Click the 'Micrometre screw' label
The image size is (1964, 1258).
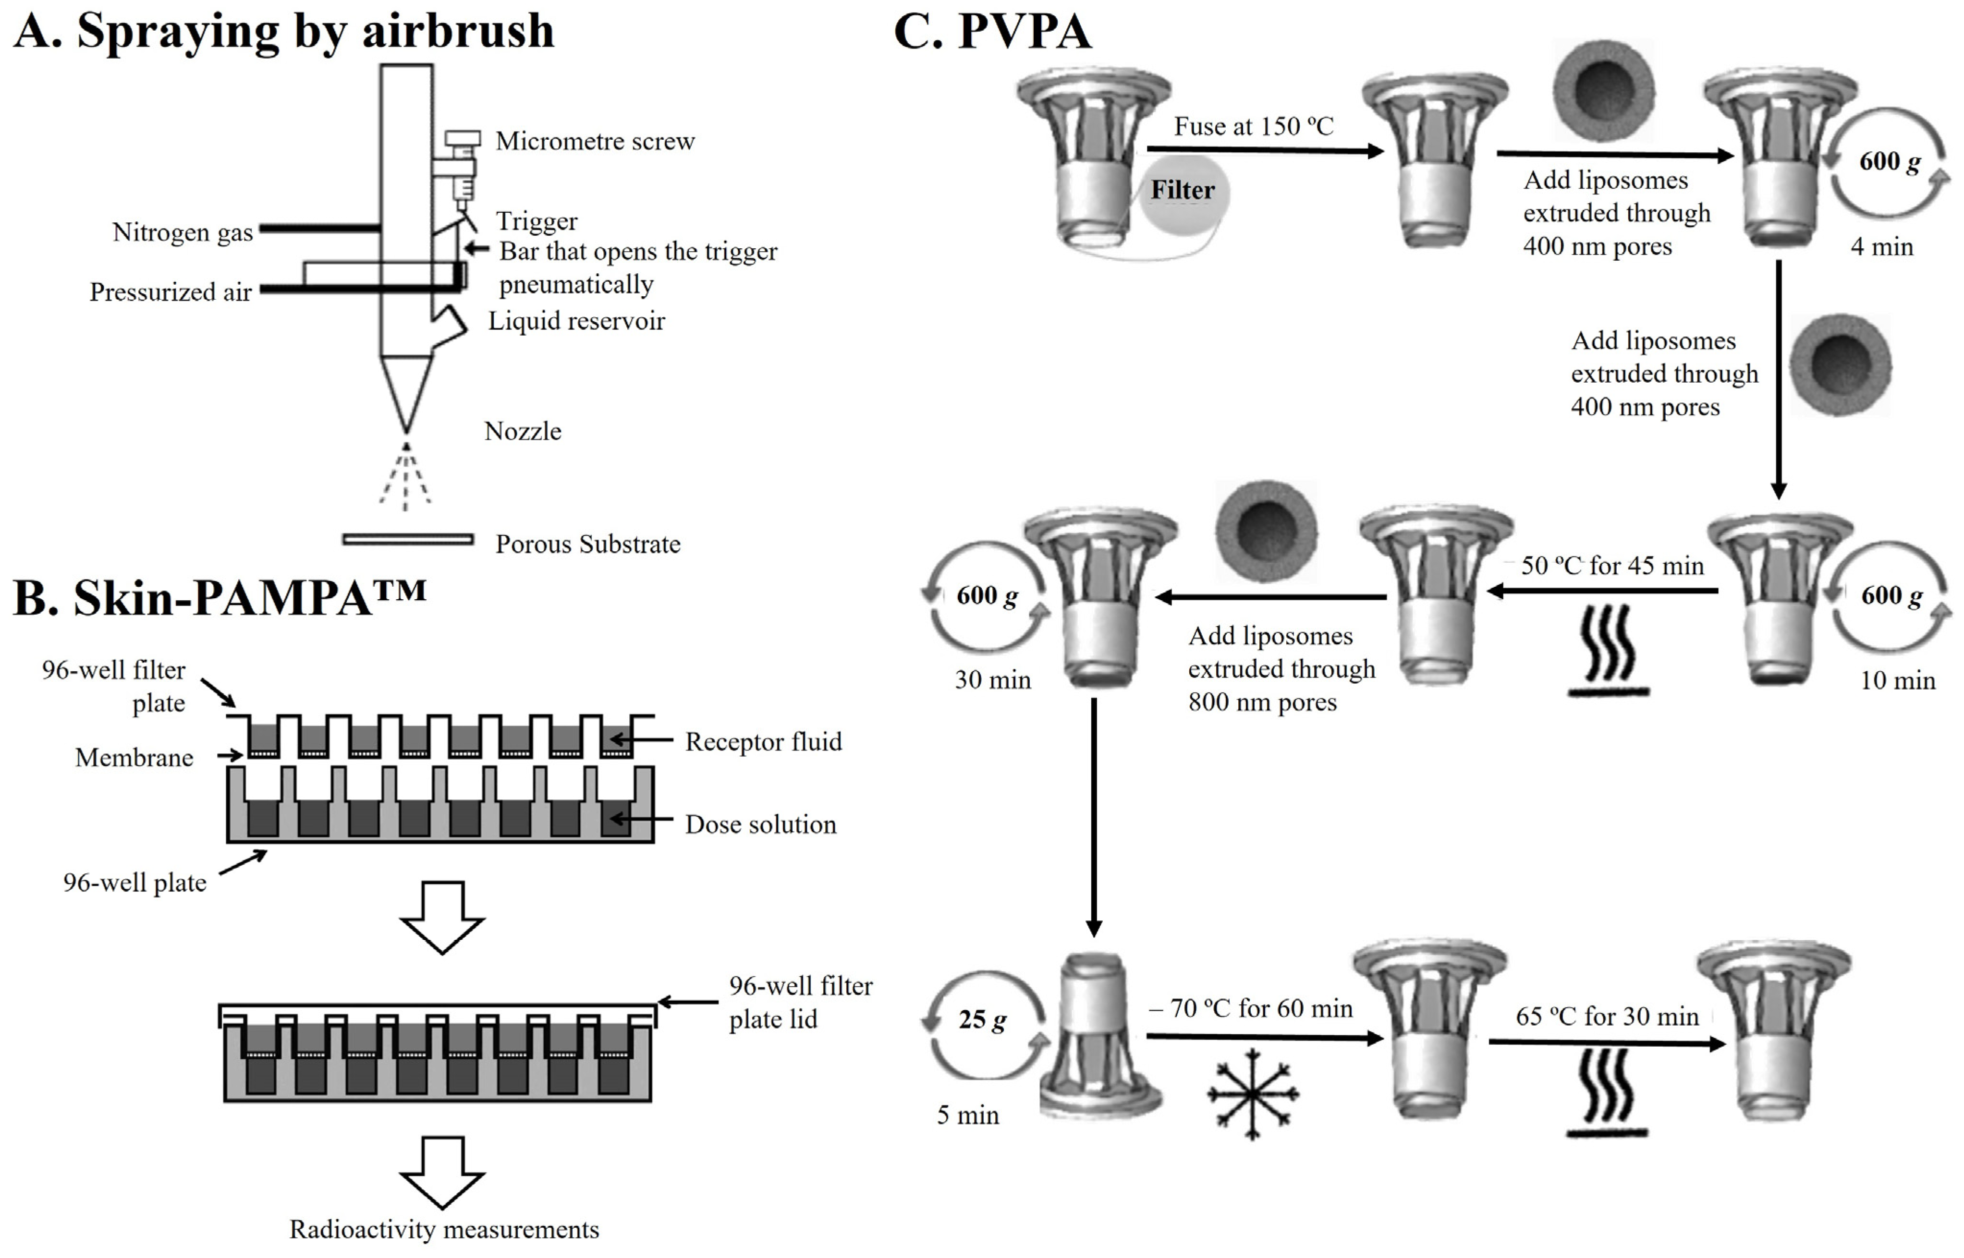tap(595, 141)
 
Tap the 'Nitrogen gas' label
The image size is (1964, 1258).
tap(182, 233)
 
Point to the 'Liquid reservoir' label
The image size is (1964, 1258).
tap(576, 321)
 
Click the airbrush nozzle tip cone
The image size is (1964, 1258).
tap(406, 393)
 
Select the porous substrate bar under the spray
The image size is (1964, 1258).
tap(408, 539)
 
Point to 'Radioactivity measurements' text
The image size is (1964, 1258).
tap(444, 1229)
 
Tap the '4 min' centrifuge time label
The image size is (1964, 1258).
tap(1881, 247)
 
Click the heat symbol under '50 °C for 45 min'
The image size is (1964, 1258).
tap(1608, 650)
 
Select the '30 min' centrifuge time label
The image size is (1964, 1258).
tap(993, 679)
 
